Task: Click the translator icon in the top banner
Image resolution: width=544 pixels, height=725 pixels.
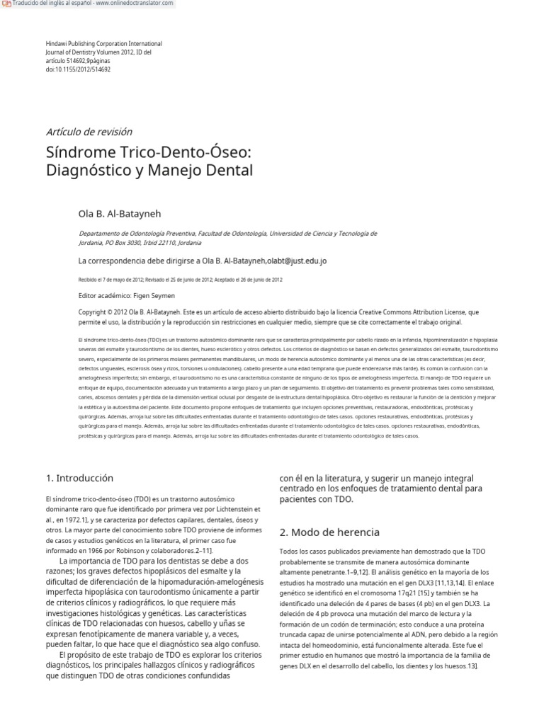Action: [6, 4]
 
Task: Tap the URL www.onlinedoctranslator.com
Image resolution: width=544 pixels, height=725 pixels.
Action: [138, 4]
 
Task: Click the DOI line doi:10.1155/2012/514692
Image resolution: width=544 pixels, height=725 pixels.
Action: [78, 69]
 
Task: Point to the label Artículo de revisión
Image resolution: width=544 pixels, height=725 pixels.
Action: [89, 132]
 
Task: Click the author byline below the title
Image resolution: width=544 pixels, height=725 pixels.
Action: [123, 212]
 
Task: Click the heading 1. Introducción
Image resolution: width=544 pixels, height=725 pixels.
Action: [79, 479]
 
